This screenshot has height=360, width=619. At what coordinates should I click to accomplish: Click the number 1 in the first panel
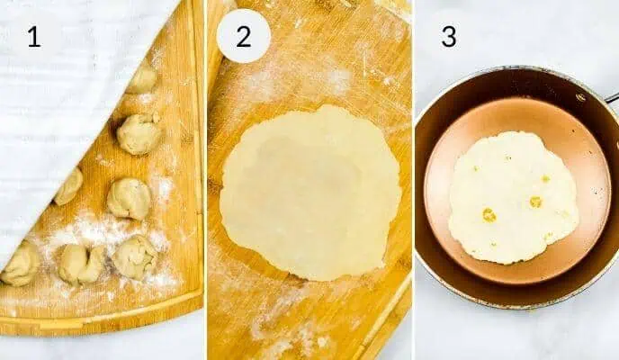[x=33, y=38]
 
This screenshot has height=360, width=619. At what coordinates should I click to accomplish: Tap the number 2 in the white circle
[x=243, y=37]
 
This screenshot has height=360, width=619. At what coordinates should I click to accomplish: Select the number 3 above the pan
[x=447, y=37]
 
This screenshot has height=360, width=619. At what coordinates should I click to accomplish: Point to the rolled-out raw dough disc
[x=309, y=193]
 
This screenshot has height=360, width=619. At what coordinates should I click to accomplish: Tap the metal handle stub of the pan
[x=612, y=96]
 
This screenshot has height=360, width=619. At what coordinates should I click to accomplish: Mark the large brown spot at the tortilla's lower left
[x=489, y=215]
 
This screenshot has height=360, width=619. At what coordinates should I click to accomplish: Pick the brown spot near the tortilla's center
[x=535, y=202]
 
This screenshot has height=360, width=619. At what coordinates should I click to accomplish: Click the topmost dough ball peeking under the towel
[x=142, y=79]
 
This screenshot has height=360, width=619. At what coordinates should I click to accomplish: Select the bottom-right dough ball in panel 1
[x=134, y=256]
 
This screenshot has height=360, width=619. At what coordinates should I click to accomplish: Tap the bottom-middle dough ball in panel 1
[x=81, y=264]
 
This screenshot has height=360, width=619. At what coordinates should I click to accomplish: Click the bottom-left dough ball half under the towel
[x=21, y=265]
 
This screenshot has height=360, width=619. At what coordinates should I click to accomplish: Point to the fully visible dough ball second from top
[x=139, y=133]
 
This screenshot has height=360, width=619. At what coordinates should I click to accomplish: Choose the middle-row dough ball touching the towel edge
[x=68, y=186]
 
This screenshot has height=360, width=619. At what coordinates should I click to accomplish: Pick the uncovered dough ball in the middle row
[x=130, y=198]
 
